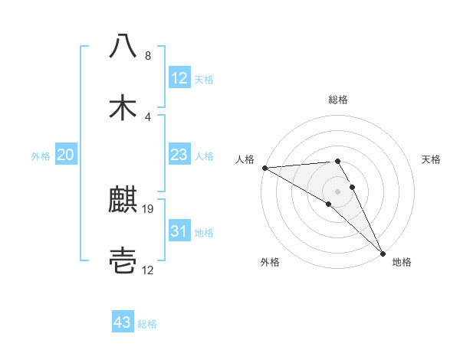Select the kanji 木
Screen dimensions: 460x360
(123, 107)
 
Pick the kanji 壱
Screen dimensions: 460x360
(123, 262)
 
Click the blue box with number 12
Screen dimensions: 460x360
(179, 78)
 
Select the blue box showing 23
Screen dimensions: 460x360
(179, 155)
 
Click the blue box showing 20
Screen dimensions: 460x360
(65, 155)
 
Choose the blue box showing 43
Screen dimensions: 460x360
(123, 323)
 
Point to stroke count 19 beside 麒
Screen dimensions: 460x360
(149, 208)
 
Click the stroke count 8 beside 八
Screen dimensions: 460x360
(147, 55)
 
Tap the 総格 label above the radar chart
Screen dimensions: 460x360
(338, 100)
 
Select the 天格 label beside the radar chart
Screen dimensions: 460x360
(432, 159)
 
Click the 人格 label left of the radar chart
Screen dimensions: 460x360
(244, 159)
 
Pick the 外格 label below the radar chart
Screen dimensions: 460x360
(270, 262)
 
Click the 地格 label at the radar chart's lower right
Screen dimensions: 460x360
(402, 262)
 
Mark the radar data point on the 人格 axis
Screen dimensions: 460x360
(264, 168)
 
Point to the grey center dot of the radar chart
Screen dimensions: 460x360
(338, 191)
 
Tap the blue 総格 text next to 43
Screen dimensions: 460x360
(147, 324)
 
